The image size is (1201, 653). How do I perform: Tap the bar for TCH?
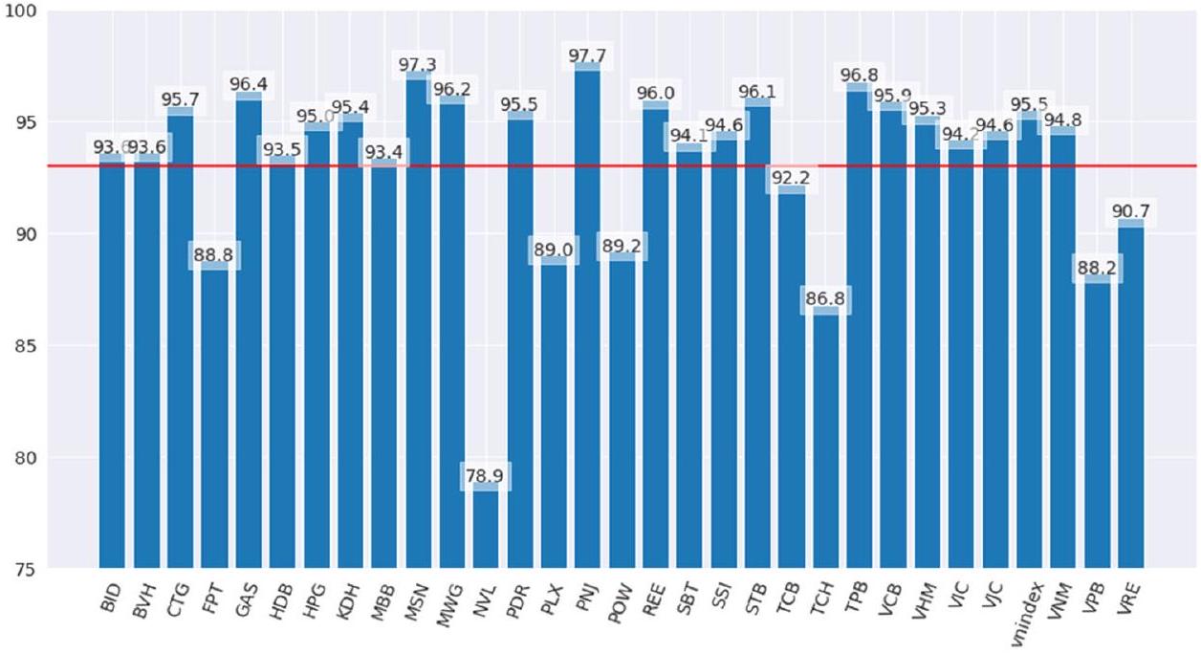[x=825, y=440]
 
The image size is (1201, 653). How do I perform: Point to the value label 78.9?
[x=486, y=474]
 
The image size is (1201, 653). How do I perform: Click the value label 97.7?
[x=587, y=55]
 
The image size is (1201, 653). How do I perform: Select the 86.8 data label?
[x=825, y=298]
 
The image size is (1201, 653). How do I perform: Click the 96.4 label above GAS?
[x=249, y=84]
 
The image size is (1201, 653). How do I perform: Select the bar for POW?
[x=622, y=411]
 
